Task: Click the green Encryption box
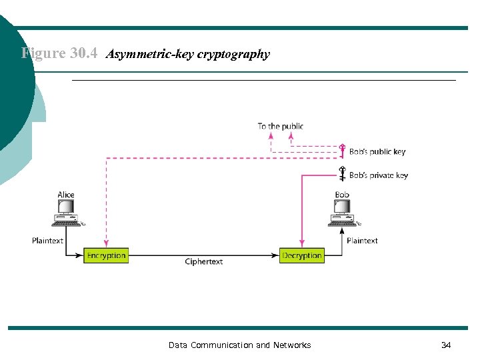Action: tap(106, 255)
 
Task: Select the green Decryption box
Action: tap(302, 255)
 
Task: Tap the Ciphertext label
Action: tap(204, 262)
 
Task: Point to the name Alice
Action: tap(66, 195)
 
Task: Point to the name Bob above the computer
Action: tap(342, 195)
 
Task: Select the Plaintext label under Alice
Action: tap(47, 241)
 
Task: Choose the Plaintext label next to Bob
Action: tap(362, 241)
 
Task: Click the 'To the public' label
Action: tap(280, 126)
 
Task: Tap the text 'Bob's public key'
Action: tap(377, 151)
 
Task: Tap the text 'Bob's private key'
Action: tap(379, 175)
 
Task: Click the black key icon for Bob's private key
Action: tap(343, 175)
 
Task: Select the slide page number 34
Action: tap(446, 345)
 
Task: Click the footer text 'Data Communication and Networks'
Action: tap(239, 345)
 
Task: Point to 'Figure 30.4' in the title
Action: tap(60, 53)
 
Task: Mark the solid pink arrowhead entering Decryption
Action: tap(303, 245)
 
